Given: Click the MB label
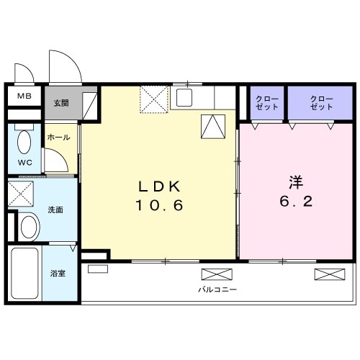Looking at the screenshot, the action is click(24, 96).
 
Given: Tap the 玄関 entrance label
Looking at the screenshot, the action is click(61, 103).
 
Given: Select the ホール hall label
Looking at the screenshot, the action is click(58, 138).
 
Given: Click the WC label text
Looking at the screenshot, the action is click(25, 163).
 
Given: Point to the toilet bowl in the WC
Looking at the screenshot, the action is click(24, 143).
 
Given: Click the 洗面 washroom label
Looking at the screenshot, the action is click(55, 210).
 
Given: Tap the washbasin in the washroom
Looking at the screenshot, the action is click(30, 227).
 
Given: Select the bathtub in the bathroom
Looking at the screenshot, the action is click(24, 273).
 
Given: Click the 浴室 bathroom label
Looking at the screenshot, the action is click(58, 273).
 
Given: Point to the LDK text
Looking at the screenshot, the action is click(159, 186).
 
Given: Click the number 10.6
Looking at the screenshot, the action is click(159, 205).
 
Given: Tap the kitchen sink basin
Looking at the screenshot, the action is click(184, 98).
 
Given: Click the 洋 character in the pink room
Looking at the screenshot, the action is click(296, 182).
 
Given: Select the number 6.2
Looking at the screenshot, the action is click(296, 201).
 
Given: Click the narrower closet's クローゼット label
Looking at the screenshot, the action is click(267, 103).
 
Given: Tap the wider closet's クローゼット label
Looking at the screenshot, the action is click(322, 103).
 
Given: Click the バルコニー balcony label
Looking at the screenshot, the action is click(217, 289).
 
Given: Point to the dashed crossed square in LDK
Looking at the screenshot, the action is click(154, 99).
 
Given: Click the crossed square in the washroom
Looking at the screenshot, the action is click(21, 194).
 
